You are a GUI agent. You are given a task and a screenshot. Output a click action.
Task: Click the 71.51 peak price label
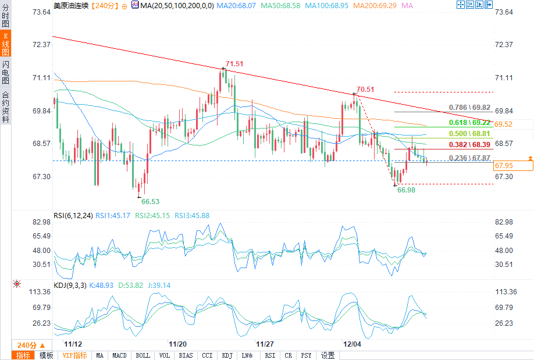[x=234, y=63]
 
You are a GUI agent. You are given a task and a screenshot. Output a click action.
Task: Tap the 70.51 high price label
[x=365, y=89]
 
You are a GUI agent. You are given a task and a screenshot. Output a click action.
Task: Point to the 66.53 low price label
[x=150, y=201]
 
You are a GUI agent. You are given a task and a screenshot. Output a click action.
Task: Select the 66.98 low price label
[x=406, y=190]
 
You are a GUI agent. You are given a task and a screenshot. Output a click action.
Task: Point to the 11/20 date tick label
[x=177, y=344]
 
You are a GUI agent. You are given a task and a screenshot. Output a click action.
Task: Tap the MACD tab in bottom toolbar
[x=119, y=355]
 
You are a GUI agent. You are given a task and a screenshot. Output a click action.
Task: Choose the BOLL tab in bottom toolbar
[x=142, y=355]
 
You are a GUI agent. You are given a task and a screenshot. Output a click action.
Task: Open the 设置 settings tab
[x=327, y=355]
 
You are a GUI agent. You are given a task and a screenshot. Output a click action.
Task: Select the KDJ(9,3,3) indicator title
[x=70, y=286]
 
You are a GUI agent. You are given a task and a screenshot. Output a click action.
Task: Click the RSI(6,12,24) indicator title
[x=73, y=215]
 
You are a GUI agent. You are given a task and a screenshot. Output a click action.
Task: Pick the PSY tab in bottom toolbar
[x=306, y=355]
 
